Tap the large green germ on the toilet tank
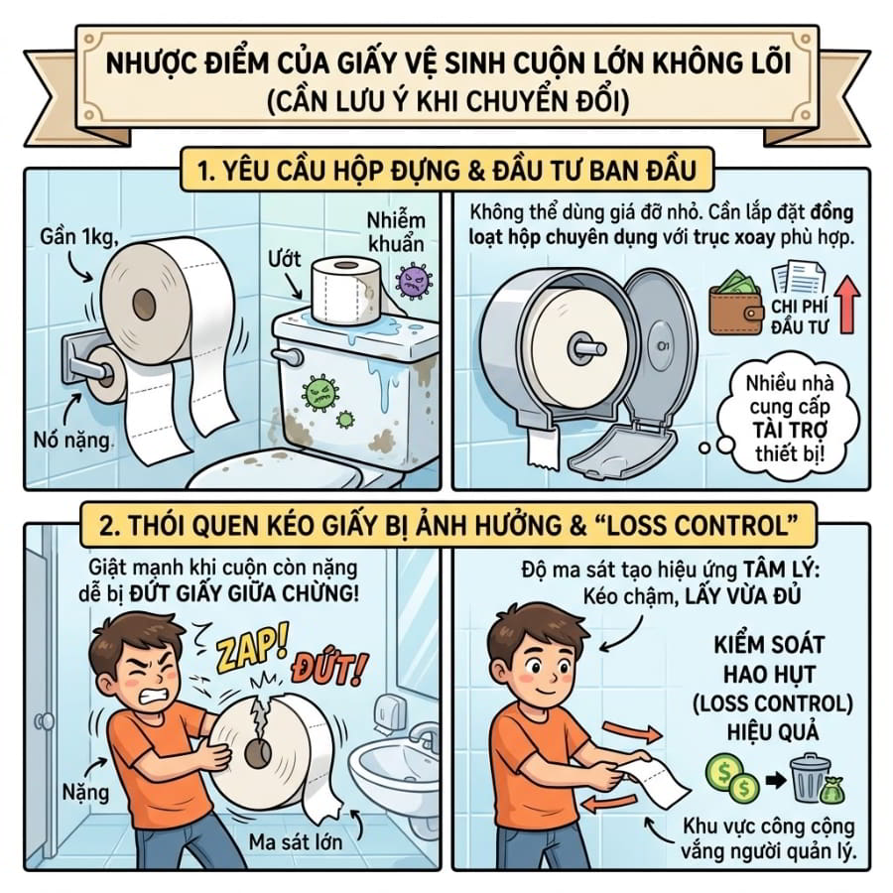tap(321, 392)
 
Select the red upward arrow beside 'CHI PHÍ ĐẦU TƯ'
tap(847, 304)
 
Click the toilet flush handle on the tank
tap(288, 356)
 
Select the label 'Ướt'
tap(284, 259)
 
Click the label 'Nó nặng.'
tap(72, 440)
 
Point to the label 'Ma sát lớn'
tap(296, 841)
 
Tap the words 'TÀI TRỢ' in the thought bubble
tap(790, 430)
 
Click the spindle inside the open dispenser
tap(586, 347)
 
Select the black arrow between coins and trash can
tap(775, 779)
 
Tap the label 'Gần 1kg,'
tap(79, 236)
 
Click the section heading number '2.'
tap(110, 525)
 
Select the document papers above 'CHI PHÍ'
tap(798, 278)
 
